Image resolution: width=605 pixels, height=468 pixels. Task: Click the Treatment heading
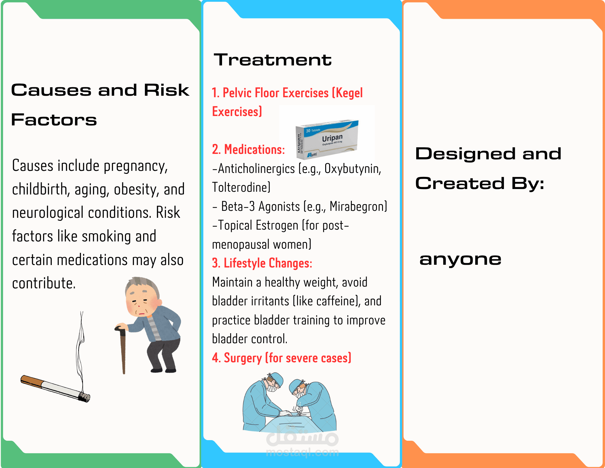point(273,60)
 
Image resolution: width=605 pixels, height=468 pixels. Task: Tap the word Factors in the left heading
point(54,120)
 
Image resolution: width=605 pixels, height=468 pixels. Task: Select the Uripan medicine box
point(327,140)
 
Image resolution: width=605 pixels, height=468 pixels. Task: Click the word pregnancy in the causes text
point(136,166)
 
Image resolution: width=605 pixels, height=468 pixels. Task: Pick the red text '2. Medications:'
point(248,150)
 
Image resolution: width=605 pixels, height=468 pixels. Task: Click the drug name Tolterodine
point(241,188)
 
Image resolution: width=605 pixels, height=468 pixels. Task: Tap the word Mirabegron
point(358,207)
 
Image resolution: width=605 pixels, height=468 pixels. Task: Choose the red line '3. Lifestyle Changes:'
point(262,263)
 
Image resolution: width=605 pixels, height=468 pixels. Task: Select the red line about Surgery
point(282,358)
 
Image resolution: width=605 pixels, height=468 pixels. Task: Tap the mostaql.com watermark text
point(302,452)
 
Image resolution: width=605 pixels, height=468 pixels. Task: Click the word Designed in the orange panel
point(465,154)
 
